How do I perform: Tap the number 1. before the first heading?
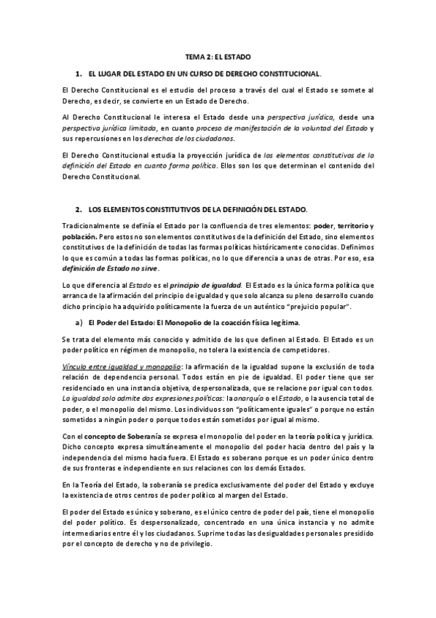pos(79,74)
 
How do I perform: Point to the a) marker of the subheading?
pos(79,322)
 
